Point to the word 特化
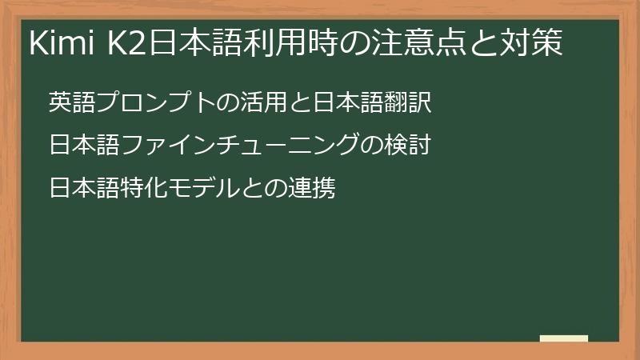click(x=144, y=190)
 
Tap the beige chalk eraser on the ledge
click(x=564, y=338)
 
